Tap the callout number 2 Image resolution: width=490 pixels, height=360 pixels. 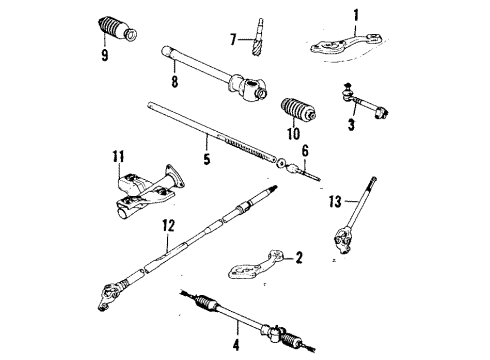pyautogui.click(x=296, y=258)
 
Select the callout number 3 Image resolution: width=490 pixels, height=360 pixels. pyautogui.click(x=351, y=125)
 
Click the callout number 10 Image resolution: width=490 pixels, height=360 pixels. pyautogui.click(x=293, y=132)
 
